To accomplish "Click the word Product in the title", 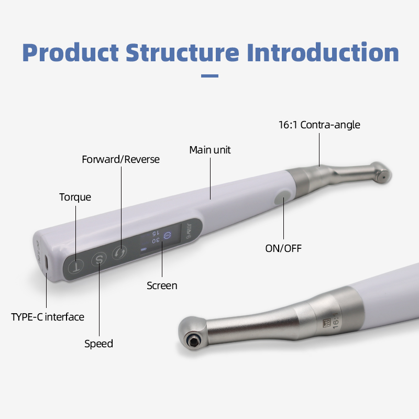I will [x=70, y=53].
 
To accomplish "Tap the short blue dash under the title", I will [x=210, y=76].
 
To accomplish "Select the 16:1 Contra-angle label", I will [x=319, y=125].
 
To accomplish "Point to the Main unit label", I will [x=210, y=150].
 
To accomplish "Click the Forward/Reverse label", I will [x=120, y=159].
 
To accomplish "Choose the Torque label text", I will [x=75, y=197].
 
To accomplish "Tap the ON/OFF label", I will [x=283, y=248].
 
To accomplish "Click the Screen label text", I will [x=162, y=285].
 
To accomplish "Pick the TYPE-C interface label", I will [x=48, y=317].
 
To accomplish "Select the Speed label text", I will [x=98, y=344].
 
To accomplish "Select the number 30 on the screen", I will [x=156, y=240].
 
